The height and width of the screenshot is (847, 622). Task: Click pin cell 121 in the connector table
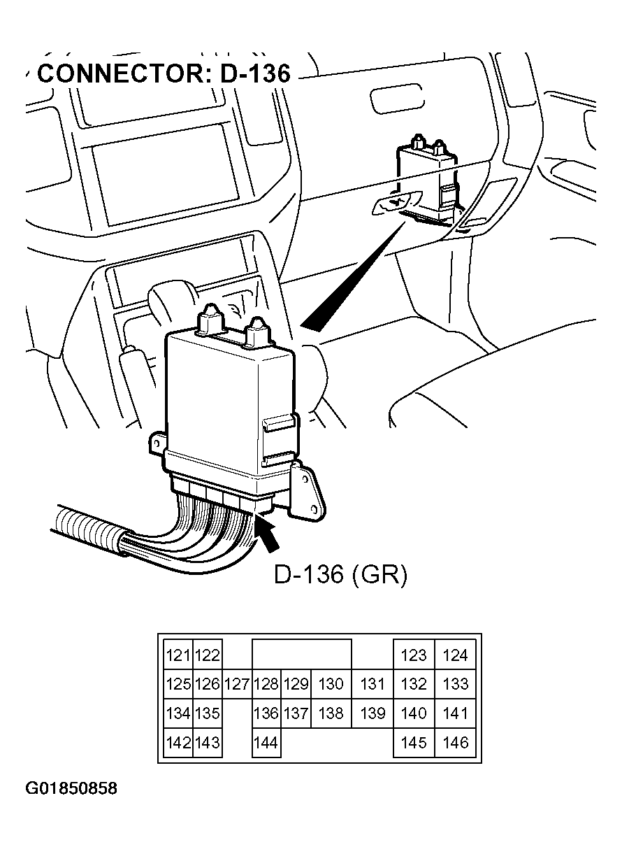179,655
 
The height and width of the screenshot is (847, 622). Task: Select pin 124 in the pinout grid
455,655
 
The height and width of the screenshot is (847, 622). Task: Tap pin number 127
238,684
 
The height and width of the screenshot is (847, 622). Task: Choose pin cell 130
330,684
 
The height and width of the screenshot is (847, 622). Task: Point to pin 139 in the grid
372,713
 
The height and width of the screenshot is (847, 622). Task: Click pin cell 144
266,743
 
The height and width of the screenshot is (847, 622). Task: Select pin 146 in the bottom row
455,743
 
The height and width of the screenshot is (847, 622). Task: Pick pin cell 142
179,743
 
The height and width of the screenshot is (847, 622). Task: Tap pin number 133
455,684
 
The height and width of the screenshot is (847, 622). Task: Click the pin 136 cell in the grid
266,713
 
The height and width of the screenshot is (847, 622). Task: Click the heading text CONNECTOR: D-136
163,73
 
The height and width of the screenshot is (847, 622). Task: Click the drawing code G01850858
71,789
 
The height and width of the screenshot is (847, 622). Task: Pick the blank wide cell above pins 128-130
301,655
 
